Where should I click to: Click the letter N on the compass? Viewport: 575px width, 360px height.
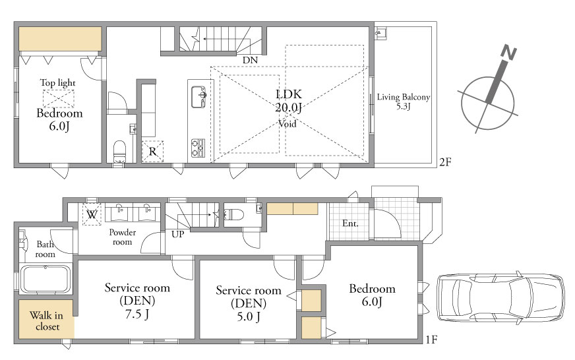coord(508,52)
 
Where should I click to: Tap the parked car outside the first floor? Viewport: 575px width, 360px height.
coord(500,297)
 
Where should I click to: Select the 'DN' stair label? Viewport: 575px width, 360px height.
coord(250,60)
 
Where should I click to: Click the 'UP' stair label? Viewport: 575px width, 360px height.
coord(178,234)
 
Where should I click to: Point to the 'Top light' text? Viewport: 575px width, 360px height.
coord(57,83)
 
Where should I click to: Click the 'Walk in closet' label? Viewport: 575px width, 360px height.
coord(47,321)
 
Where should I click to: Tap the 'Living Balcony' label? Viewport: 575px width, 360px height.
coord(404,97)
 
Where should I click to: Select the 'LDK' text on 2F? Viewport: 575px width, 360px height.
coord(289,94)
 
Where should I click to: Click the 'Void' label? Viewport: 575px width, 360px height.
coord(287,123)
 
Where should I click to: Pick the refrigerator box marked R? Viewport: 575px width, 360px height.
coord(152,151)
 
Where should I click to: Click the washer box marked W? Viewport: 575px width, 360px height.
coord(92,214)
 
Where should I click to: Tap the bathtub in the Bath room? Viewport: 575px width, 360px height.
coord(45,279)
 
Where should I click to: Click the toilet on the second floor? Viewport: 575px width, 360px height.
coord(119,152)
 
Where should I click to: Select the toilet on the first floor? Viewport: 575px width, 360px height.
coord(234,214)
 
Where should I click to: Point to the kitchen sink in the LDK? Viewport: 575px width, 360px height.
coord(198,97)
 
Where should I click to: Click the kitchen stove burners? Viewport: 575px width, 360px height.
coord(198,148)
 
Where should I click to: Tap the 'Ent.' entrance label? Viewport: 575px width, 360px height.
coord(350,224)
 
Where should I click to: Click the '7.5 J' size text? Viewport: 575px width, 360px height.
coord(137,314)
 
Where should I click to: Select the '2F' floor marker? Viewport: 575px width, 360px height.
coord(445,162)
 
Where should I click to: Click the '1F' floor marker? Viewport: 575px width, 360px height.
coord(432,340)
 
